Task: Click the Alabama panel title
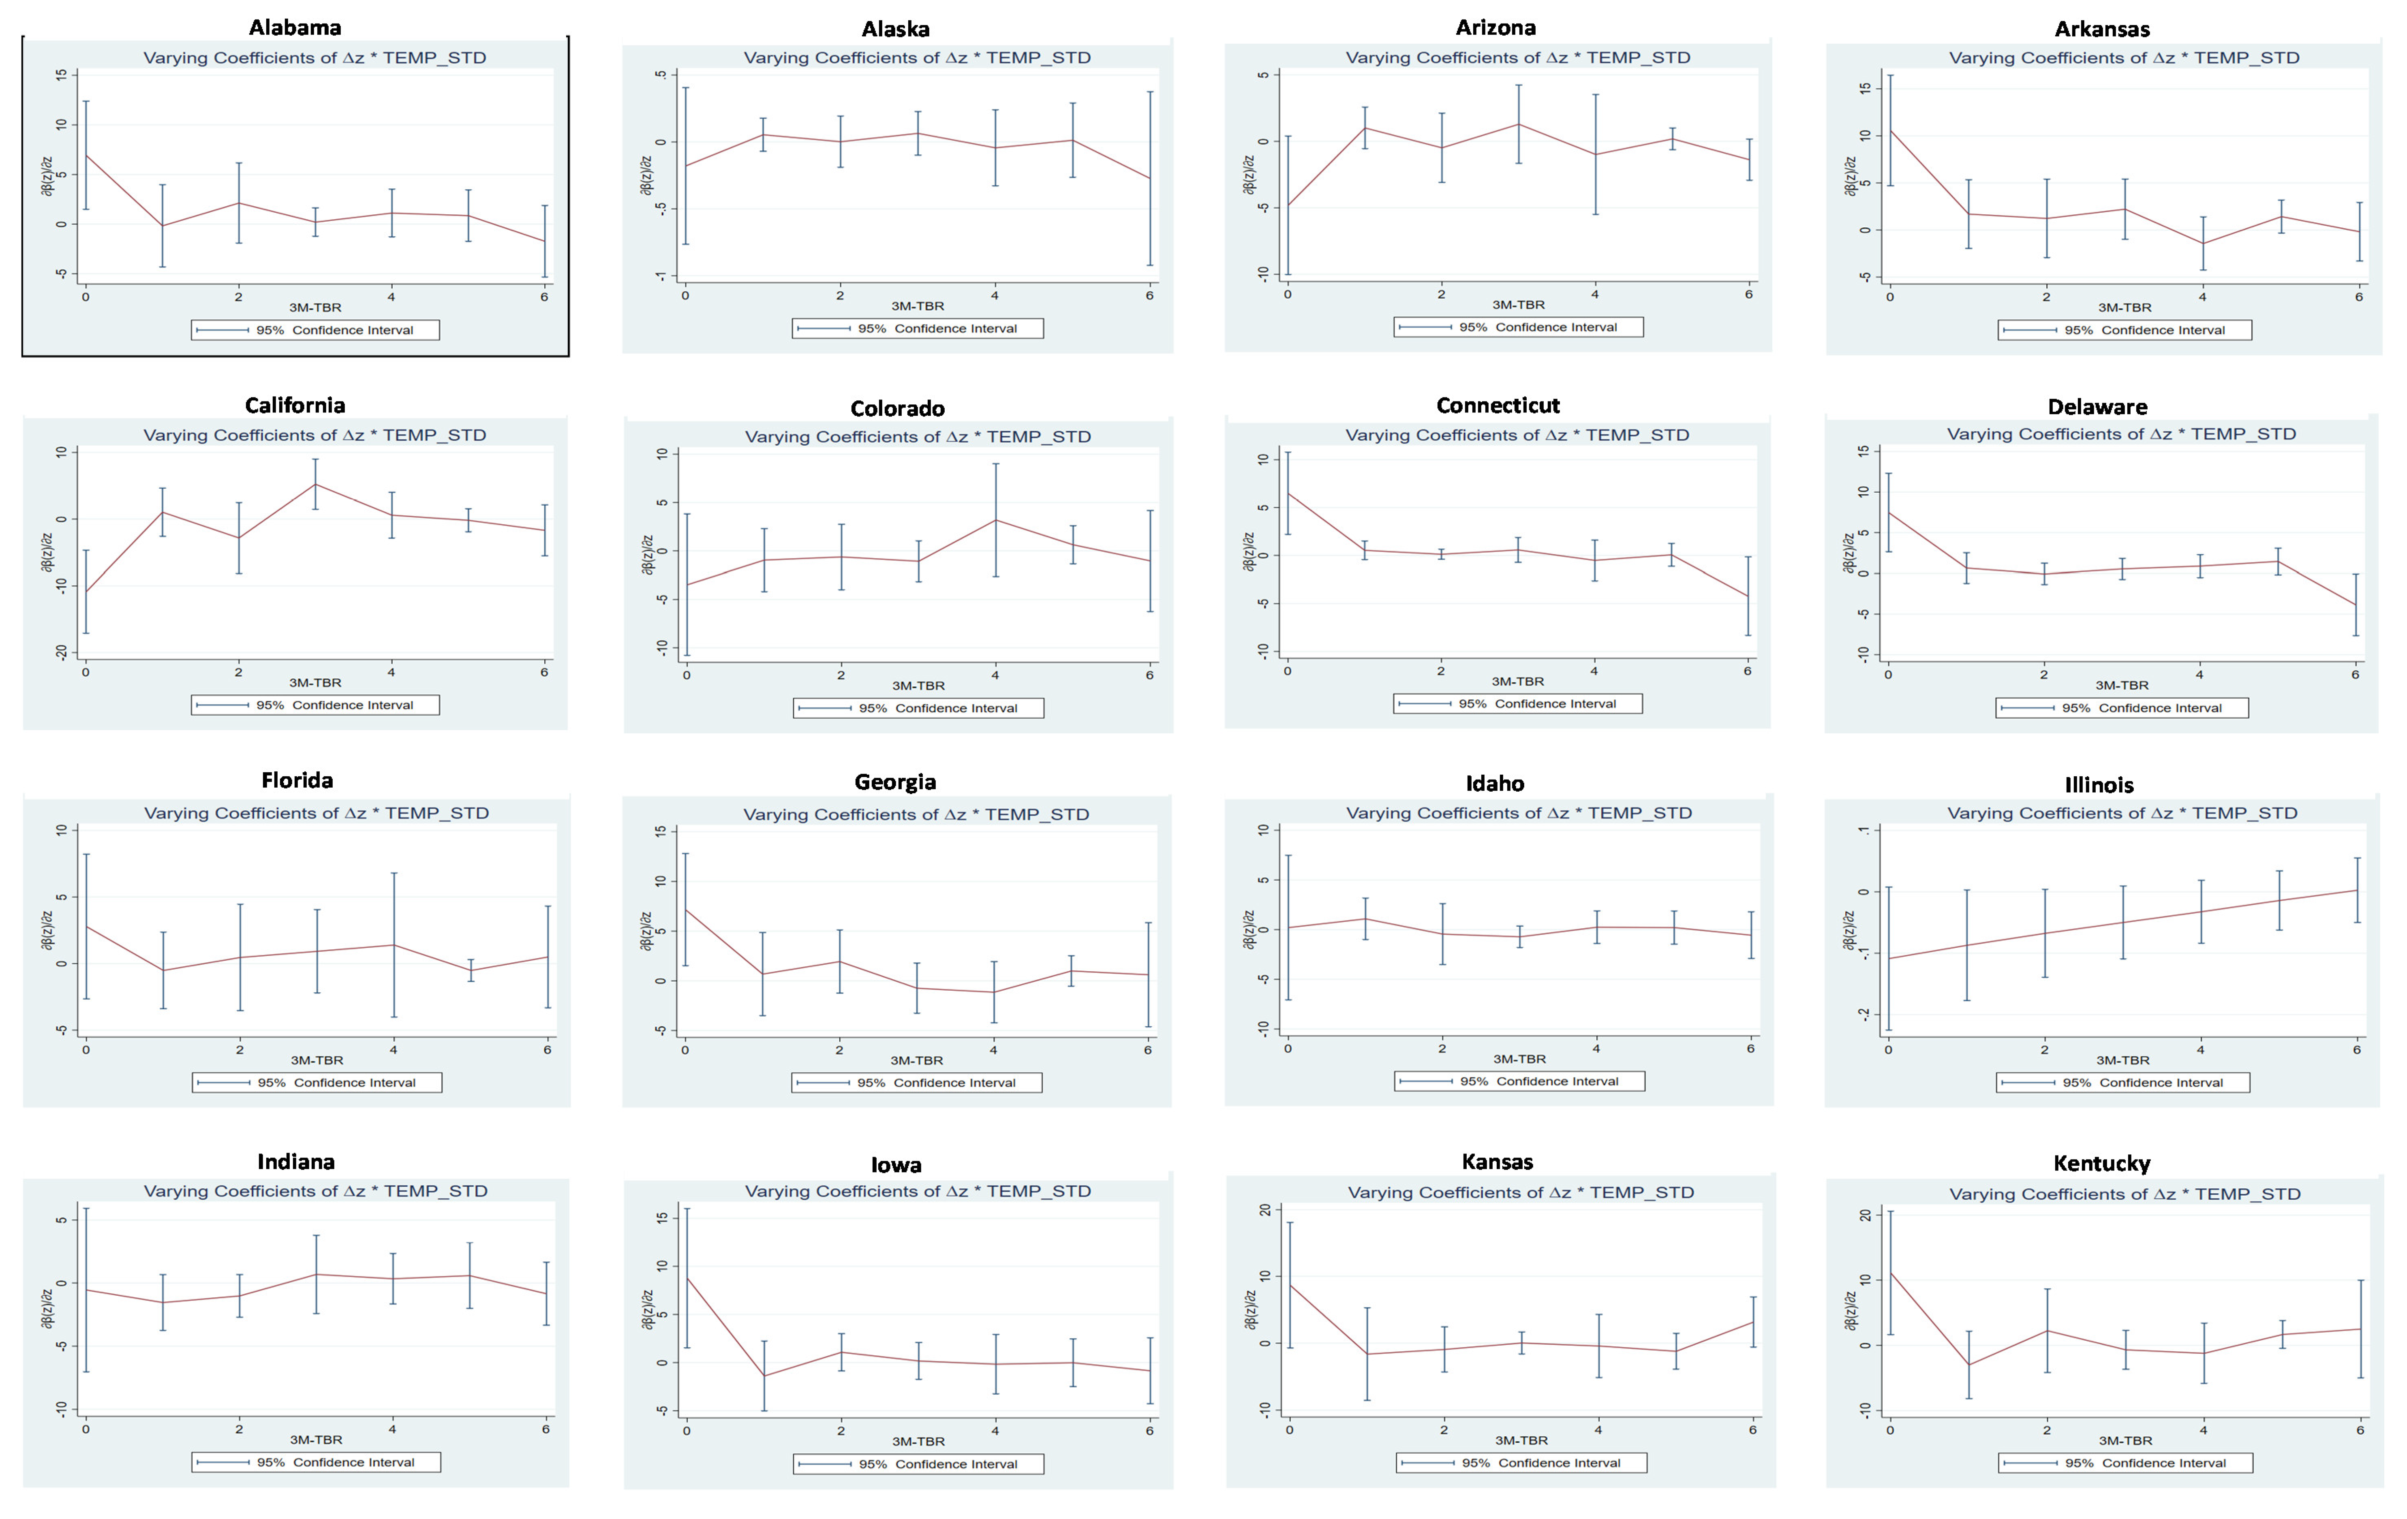[x=295, y=27]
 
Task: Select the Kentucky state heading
[x=2101, y=1163]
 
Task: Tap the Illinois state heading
[x=2098, y=784]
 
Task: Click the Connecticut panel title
[x=1498, y=405]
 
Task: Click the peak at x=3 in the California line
[x=316, y=485]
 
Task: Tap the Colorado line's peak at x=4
[x=995, y=520]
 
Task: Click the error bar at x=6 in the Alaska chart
[x=1149, y=178]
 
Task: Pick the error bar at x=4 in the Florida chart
[x=394, y=944]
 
